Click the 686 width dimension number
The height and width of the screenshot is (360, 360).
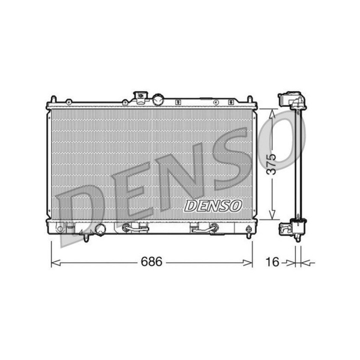tap(151, 262)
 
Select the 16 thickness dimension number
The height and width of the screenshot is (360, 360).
tap(273, 262)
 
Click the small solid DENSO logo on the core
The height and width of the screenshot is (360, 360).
tap(212, 206)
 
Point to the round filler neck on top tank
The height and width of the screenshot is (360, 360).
tap(158, 99)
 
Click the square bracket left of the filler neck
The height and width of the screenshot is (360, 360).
tap(141, 97)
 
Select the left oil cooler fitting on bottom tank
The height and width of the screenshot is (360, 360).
tap(135, 227)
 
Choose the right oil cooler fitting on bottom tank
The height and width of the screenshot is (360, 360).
tap(203, 227)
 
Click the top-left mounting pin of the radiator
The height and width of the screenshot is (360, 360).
tap(53, 98)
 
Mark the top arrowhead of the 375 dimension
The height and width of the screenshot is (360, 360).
tap(272, 113)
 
